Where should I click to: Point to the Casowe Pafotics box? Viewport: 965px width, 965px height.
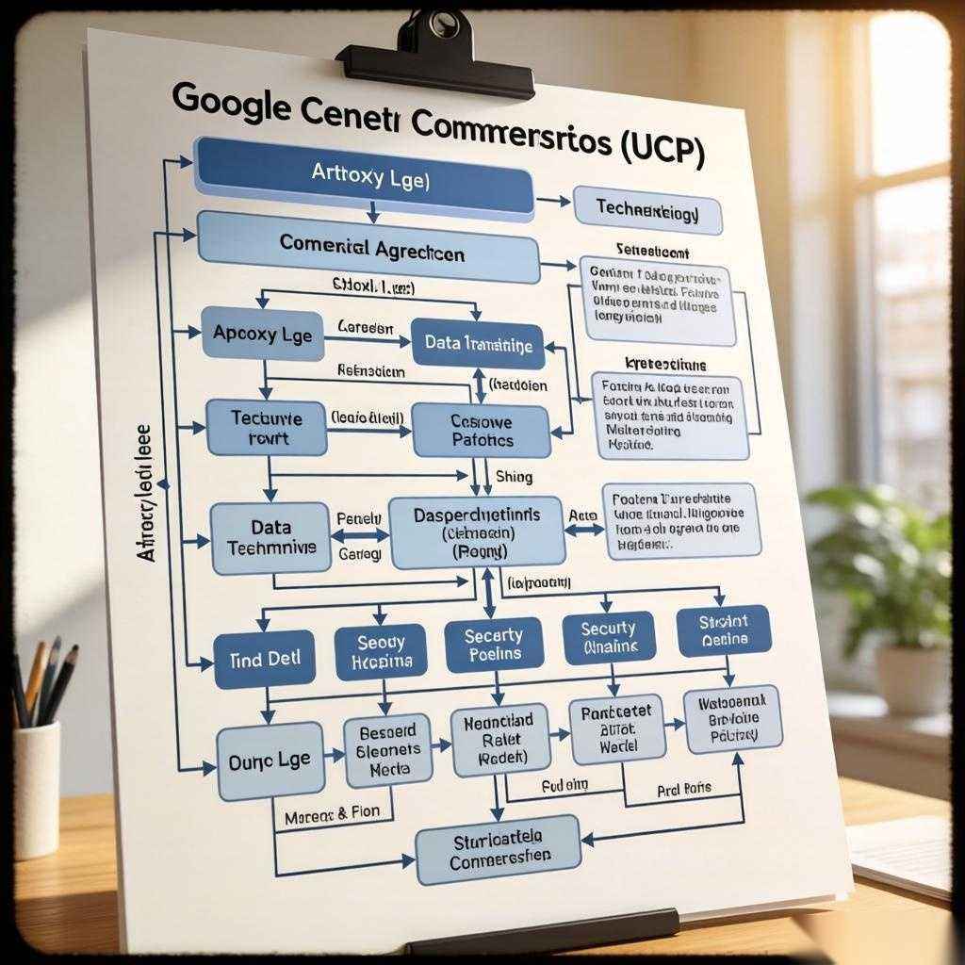[x=481, y=431]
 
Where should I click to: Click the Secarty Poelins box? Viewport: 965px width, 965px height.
[x=493, y=646]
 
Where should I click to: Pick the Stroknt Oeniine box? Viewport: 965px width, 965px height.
[x=724, y=630]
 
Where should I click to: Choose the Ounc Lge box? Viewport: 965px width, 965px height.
[x=270, y=761]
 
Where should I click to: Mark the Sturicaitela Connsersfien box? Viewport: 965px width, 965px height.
[x=499, y=850]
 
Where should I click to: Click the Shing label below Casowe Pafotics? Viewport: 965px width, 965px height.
[x=507, y=477]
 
